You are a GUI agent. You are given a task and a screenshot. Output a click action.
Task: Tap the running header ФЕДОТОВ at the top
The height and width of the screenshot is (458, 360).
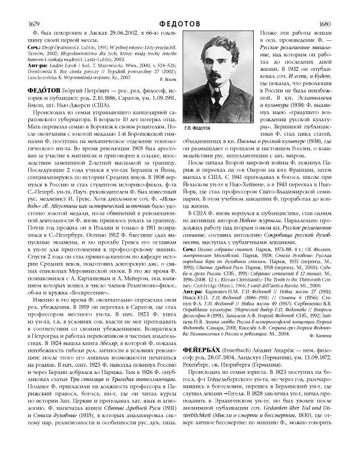[x=180, y=7]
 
